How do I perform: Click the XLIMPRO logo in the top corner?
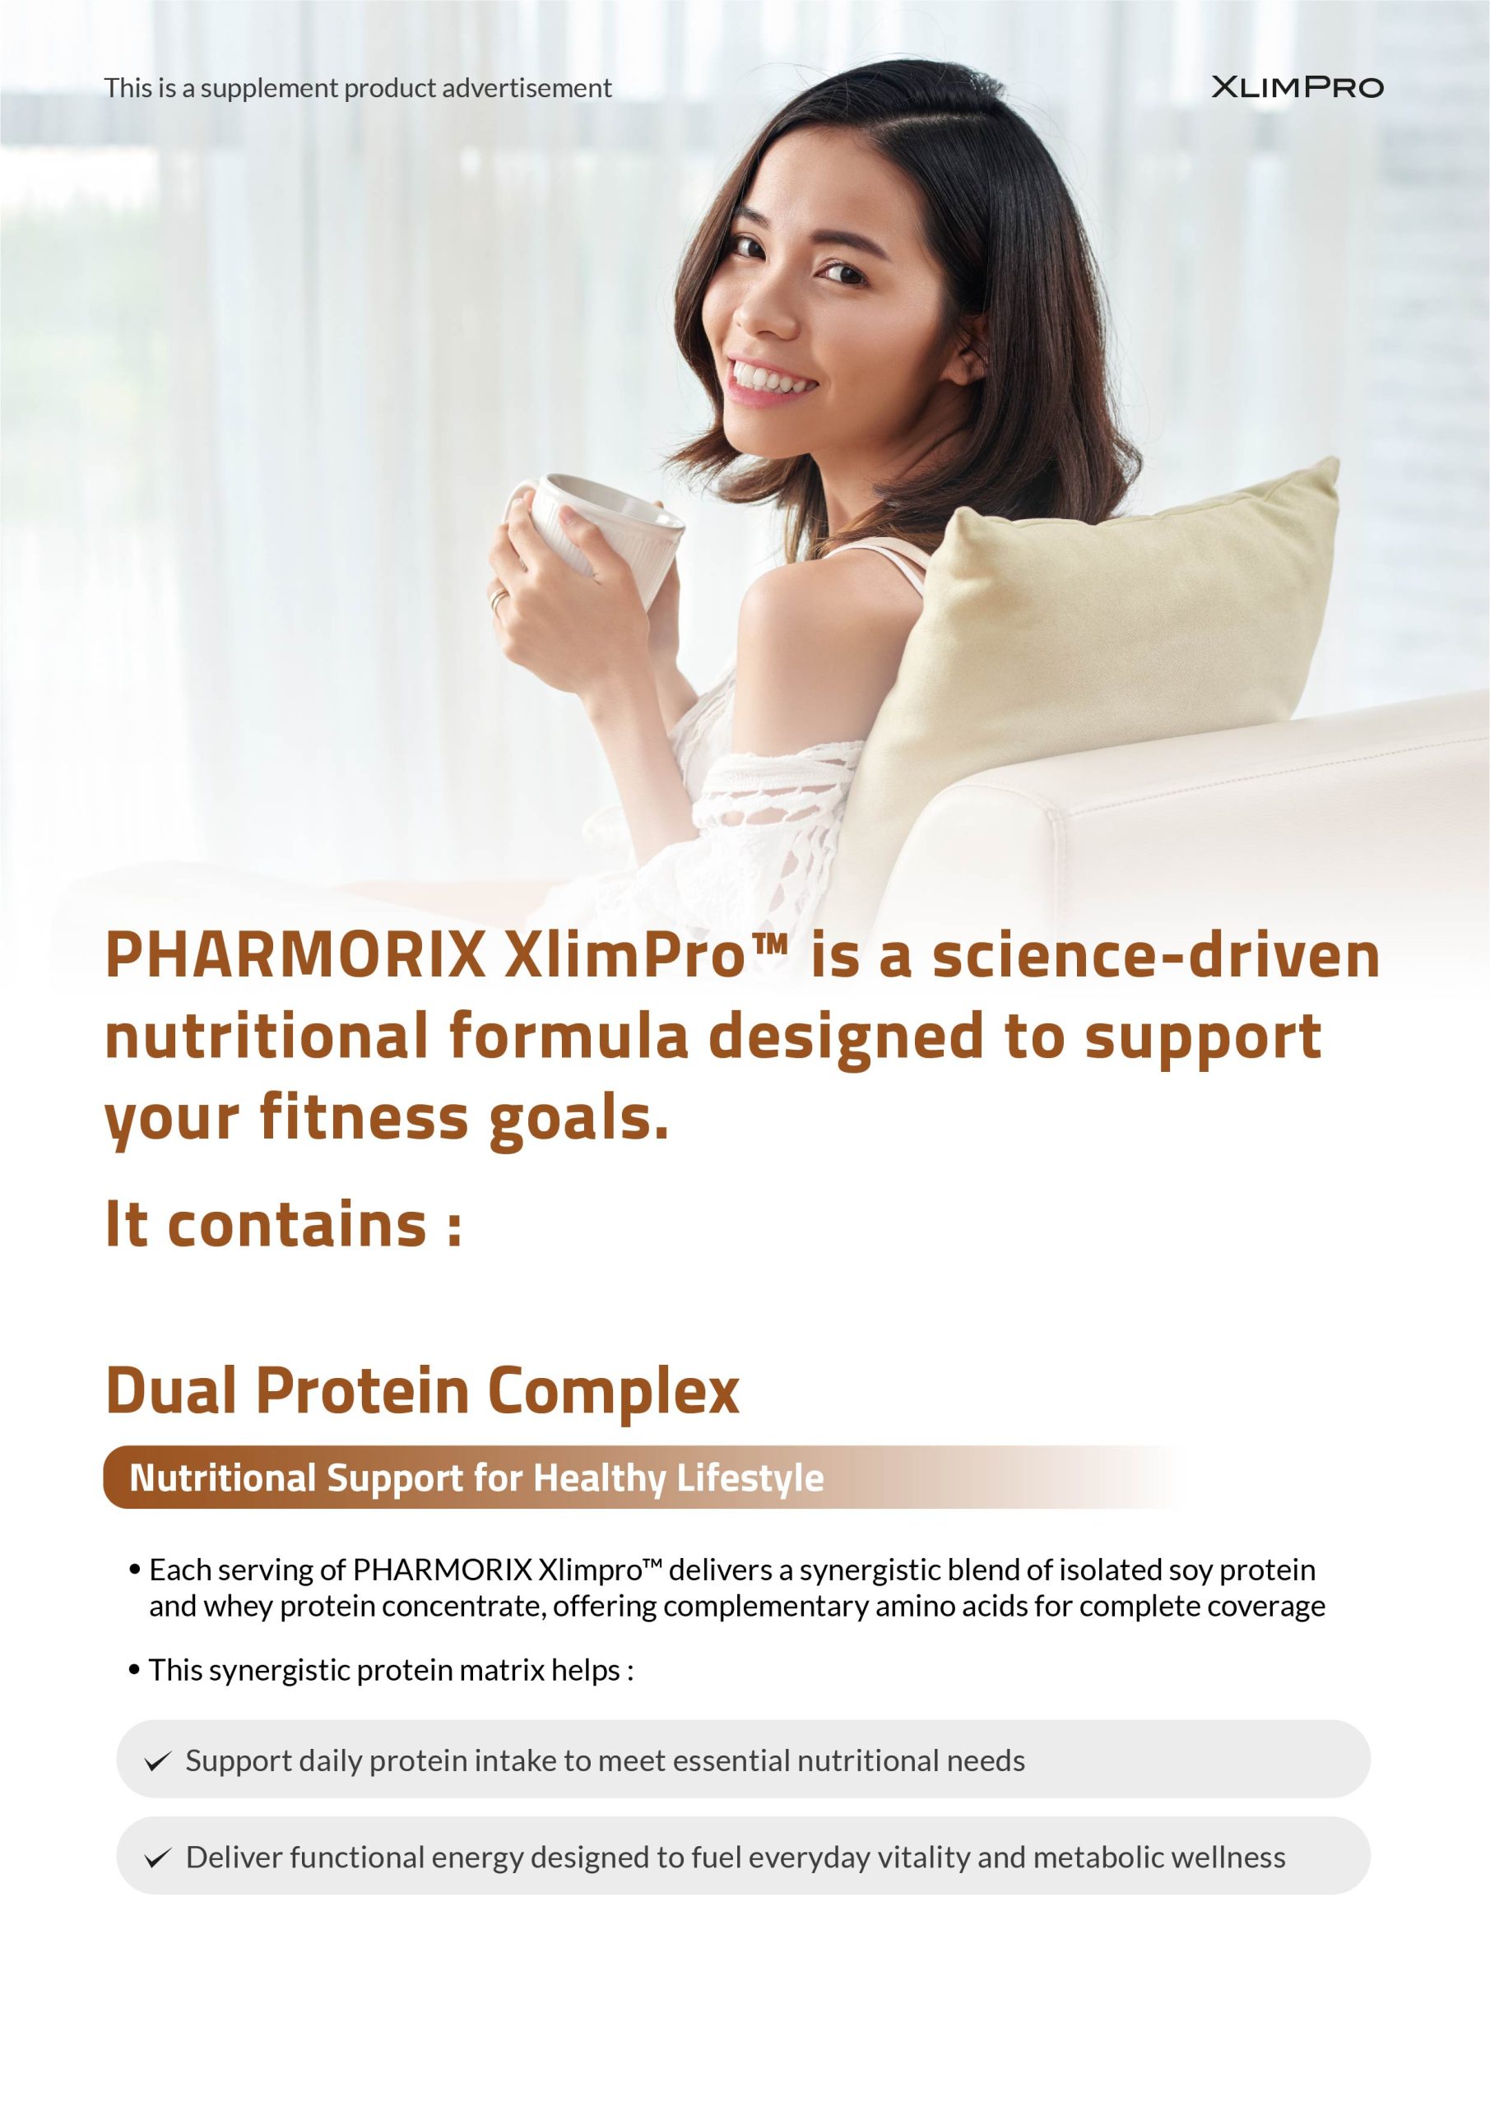click(1297, 87)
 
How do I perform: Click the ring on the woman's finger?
click(497, 601)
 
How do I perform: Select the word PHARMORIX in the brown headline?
click(295, 955)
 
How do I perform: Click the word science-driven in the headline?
click(1156, 955)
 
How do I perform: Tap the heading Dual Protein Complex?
click(422, 1390)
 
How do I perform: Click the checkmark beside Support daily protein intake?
click(158, 1761)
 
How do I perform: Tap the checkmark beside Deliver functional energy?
click(158, 1858)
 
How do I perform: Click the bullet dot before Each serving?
click(135, 1571)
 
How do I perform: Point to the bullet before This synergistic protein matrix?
click(135, 1671)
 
